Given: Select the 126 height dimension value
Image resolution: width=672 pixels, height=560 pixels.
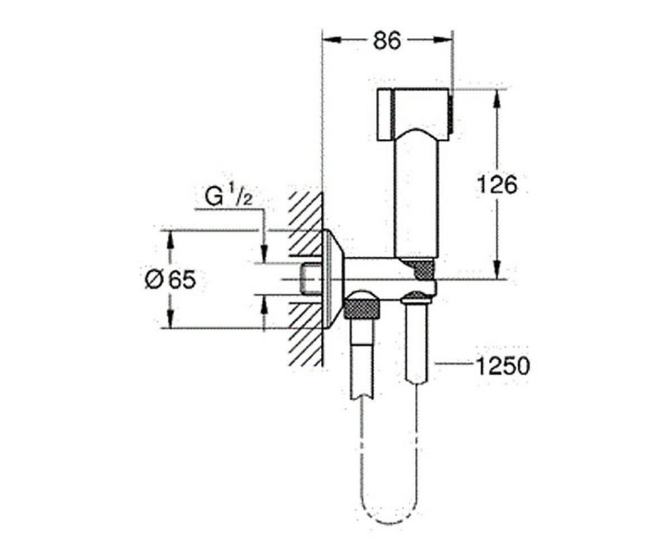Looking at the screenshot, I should click(x=497, y=184).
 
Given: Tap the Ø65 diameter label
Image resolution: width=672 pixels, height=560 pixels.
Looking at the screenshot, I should click(x=170, y=279).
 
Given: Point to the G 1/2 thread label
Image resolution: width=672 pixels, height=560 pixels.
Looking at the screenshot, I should click(x=228, y=198).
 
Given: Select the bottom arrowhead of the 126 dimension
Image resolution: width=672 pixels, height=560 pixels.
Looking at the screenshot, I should click(x=497, y=272).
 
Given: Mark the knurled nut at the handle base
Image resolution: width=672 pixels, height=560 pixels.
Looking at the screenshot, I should click(x=422, y=270).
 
